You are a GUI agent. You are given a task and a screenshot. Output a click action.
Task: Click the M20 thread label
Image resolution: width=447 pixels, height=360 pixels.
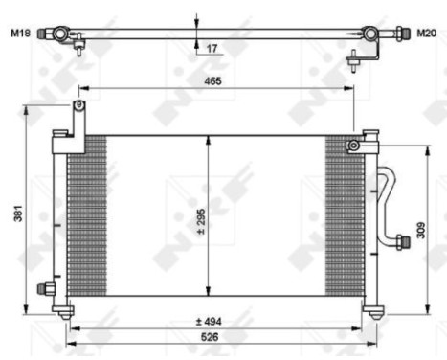pos(426,34)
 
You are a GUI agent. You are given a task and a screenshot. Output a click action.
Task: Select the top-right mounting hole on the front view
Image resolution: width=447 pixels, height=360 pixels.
pos(353,145)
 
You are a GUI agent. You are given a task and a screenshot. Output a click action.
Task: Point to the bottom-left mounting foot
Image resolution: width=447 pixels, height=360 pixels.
pos(65,310)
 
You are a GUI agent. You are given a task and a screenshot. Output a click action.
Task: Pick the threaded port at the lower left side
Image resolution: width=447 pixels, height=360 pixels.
pos(44,288)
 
